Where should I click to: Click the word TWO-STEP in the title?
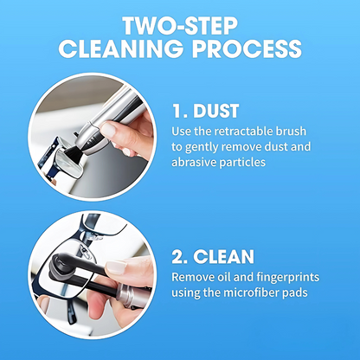pyautogui.click(x=180, y=26)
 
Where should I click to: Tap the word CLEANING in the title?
pyautogui.click(x=121, y=48)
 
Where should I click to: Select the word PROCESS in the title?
pyautogui.click(x=247, y=48)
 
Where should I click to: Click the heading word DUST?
pyautogui.click(x=216, y=111)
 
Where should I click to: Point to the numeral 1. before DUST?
pyautogui.click(x=180, y=111)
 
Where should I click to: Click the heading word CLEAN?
pyautogui.click(x=223, y=256)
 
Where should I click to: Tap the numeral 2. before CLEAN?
pyautogui.click(x=180, y=256)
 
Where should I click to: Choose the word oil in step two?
pyautogui.click(x=223, y=277)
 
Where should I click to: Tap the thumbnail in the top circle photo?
pyautogui.click(x=108, y=130)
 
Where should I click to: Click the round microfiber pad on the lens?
pyautogui.click(x=59, y=264)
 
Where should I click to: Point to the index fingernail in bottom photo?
pyautogui.click(x=116, y=267)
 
